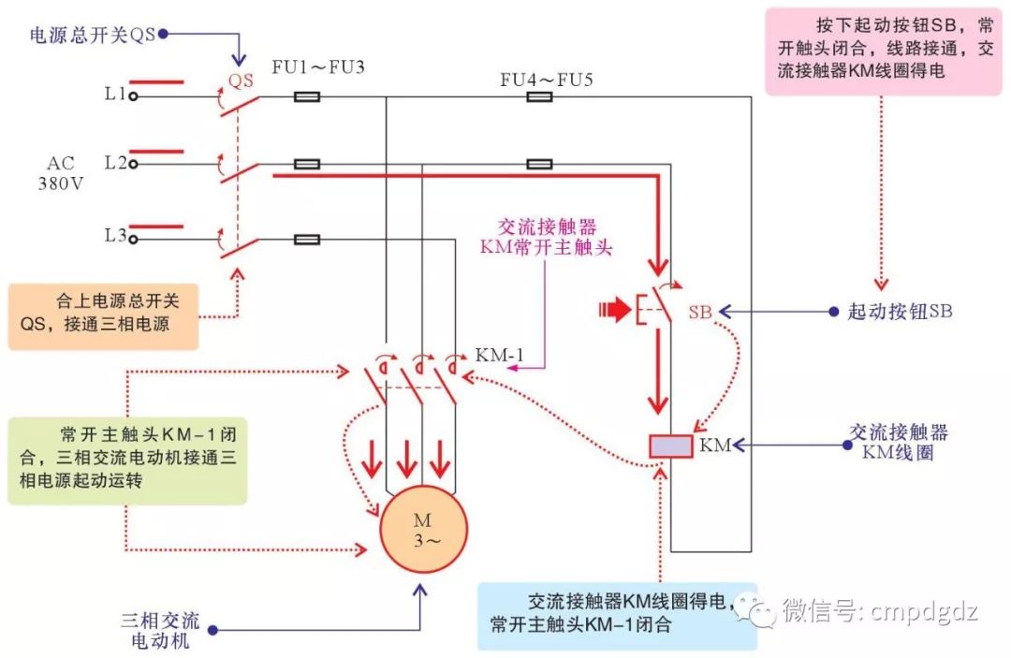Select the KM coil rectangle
pos(671,446)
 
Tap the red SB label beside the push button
pos(700,313)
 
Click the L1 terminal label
pos(115,95)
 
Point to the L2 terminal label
pos(115,163)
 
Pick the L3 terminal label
pos(115,237)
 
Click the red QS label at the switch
pos(242,81)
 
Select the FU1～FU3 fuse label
pos(317,68)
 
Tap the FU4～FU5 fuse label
pos(546,80)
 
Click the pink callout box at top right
pos(880,51)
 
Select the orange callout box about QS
pos(104,316)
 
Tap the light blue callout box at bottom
pos(618,615)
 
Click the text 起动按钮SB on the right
pos(899,312)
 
